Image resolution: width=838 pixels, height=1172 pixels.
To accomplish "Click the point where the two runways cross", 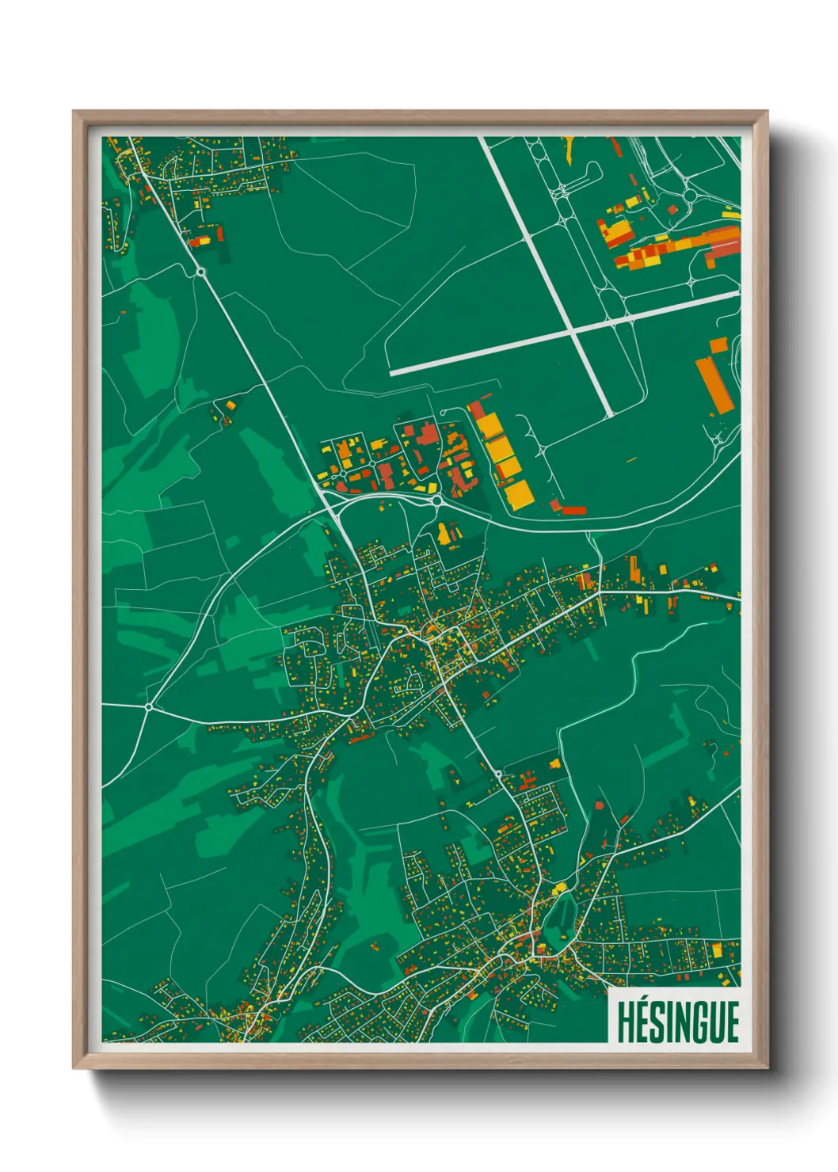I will (x=573, y=331).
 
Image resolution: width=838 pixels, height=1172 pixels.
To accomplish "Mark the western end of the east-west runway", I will (x=393, y=372).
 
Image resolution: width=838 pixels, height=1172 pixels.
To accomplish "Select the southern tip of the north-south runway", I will (x=610, y=414).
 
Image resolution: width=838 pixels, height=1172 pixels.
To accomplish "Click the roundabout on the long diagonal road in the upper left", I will (x=201, y=272).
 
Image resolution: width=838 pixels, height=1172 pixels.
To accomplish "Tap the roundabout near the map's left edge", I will (x=148, y=706).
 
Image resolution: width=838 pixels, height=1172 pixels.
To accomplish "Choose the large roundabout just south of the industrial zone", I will (x=436, y=500).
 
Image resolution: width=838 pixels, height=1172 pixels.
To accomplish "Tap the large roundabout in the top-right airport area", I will (x=689, y=195).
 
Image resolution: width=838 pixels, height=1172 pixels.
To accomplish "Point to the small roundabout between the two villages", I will (x=498, y=773).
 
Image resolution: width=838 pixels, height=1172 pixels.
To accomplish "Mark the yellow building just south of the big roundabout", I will (x=444, y=534).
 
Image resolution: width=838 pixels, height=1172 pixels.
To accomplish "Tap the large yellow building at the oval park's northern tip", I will (x=561, y=886).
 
